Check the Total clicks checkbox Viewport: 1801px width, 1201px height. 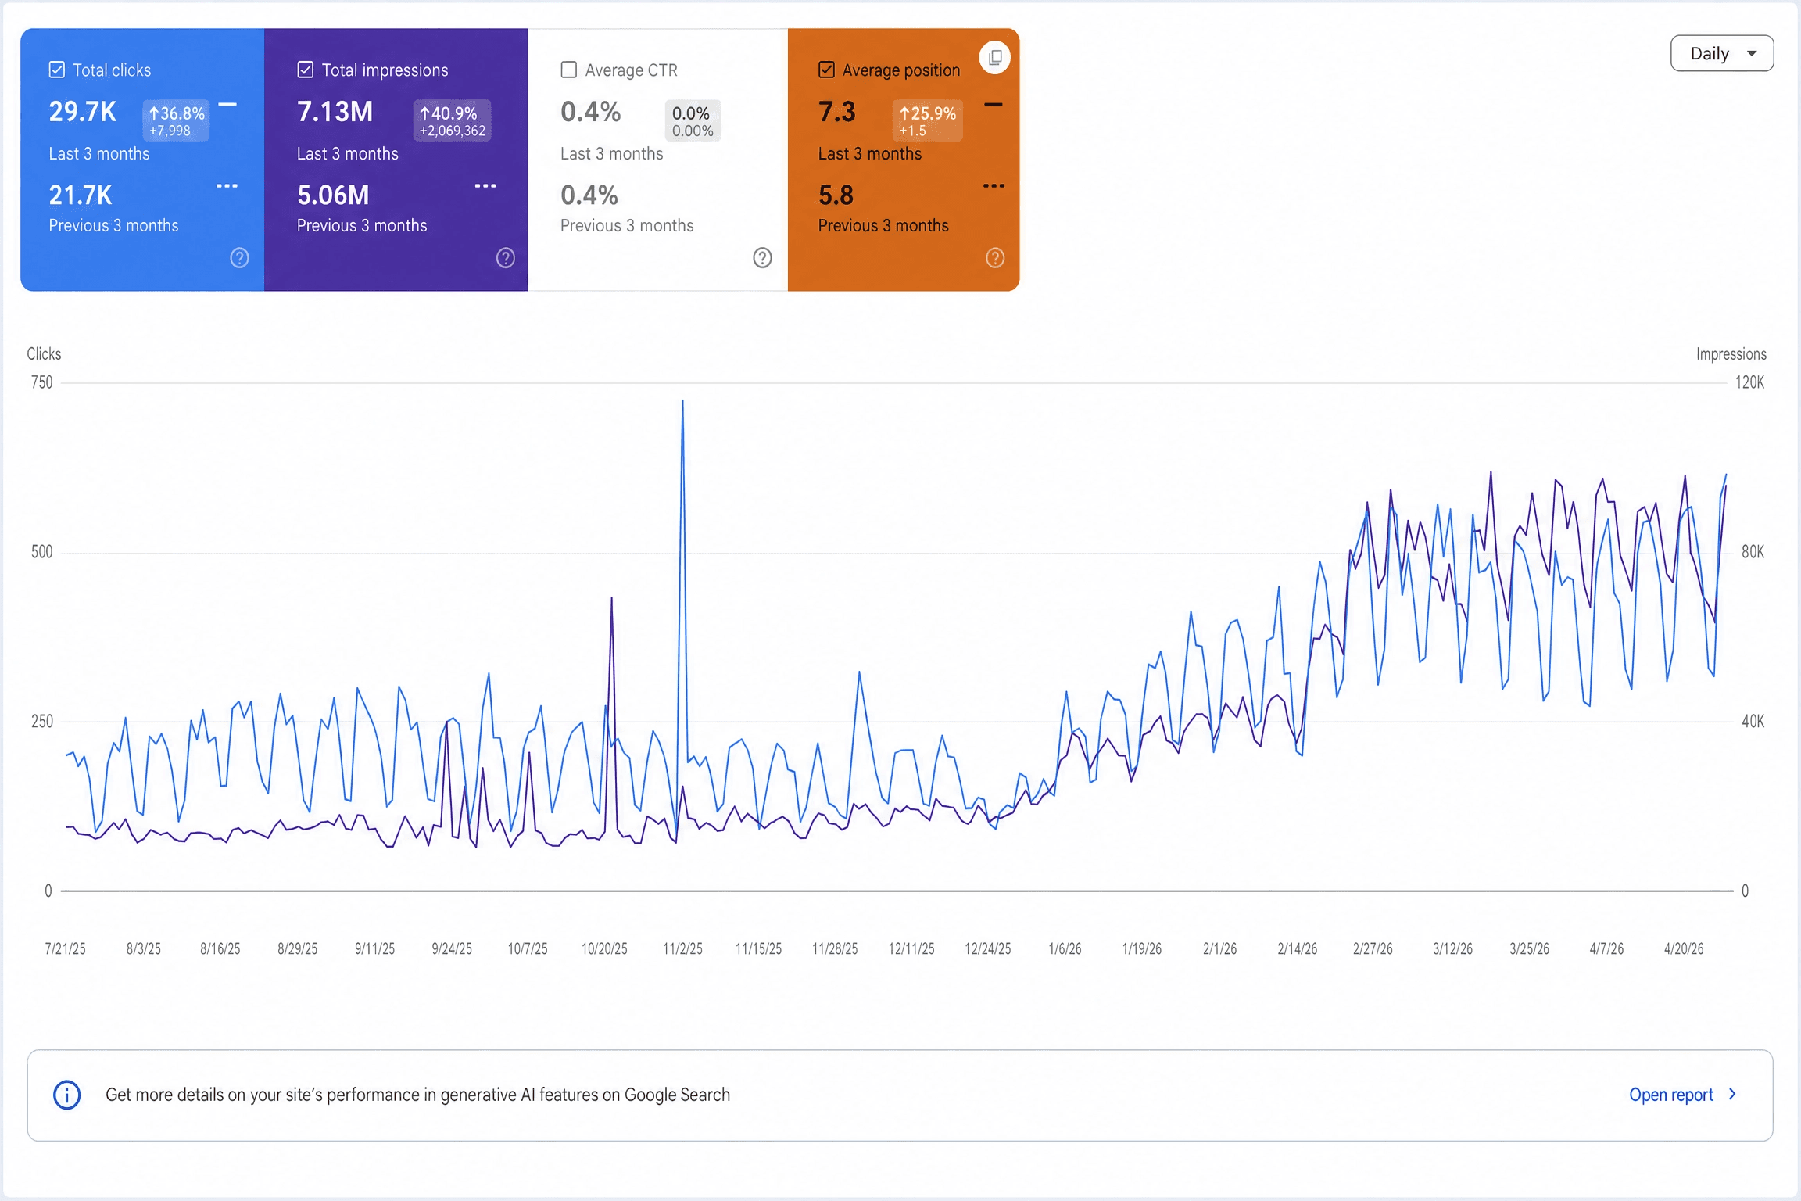point(57,70)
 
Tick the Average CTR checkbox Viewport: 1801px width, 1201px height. point(569,70)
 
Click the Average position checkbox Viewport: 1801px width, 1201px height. point(826,70)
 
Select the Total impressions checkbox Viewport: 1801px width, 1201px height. point(306,70)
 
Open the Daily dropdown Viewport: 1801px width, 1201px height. point(1722,53)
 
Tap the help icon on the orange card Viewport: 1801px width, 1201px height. point(995,258)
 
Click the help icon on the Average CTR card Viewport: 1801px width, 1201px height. point(762,258)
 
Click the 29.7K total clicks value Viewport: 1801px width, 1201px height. point(83,112)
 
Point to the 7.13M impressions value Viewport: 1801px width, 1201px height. point(335,112)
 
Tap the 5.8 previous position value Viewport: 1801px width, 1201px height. point(836,195)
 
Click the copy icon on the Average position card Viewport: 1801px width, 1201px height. point(995,57)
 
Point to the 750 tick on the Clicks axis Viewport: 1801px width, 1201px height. point(42,382)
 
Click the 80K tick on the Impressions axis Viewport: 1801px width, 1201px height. point(1753,552)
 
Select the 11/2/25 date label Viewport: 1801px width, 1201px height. point(682,948)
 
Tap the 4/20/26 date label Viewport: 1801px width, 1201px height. point(1684,948)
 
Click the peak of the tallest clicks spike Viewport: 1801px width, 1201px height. point(682,401)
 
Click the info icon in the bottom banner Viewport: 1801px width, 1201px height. point(67,1095)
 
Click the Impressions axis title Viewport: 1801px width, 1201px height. point(1731,354)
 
